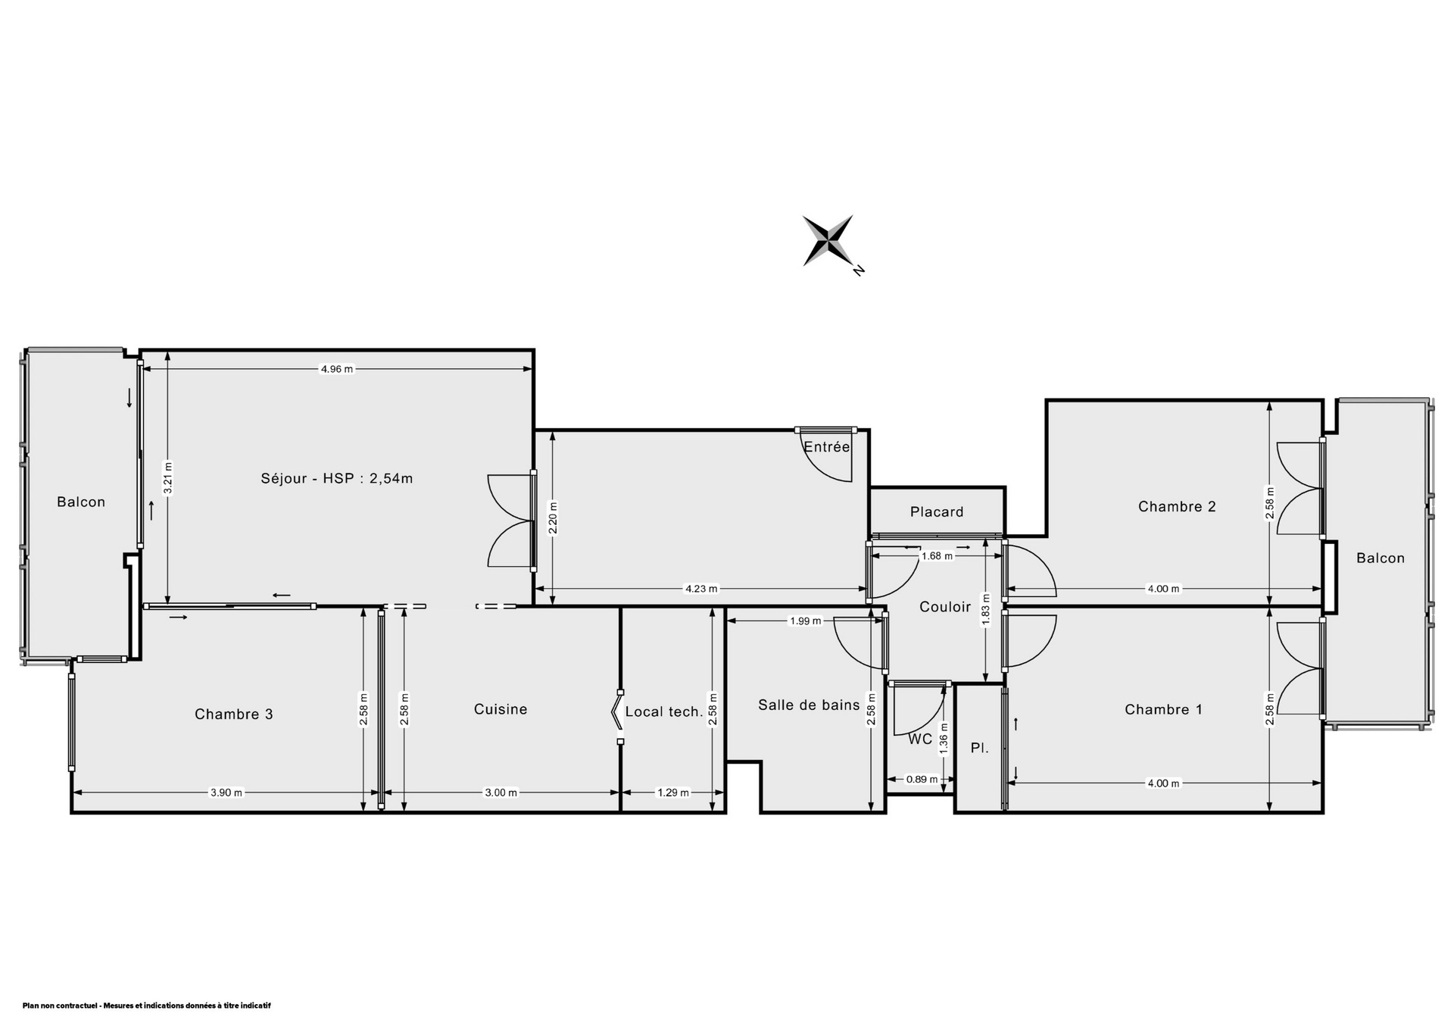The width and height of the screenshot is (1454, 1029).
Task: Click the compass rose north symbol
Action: [828, 241]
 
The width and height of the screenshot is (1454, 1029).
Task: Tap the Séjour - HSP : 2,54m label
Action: [337, 478]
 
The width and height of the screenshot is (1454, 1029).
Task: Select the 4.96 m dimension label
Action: [337, 369]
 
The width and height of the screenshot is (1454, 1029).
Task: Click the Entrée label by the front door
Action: [827, 447]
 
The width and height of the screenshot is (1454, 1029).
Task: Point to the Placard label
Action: [937, 512]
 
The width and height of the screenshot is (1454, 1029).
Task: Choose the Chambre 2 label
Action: [1177, 506]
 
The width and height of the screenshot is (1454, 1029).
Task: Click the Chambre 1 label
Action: [1163, 709]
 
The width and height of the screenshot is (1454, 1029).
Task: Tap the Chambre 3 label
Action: [233, 714]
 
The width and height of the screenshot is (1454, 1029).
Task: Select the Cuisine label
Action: [501, 709]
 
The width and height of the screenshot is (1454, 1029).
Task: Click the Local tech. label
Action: [664, 712]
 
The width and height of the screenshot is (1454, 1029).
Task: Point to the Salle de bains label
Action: [809, 705]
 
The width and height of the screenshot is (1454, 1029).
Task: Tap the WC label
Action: [920, 739]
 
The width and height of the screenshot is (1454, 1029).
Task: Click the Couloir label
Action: [945, 606]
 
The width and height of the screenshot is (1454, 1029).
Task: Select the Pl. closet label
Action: [980, 748]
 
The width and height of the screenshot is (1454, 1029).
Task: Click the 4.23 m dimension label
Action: [700, 588]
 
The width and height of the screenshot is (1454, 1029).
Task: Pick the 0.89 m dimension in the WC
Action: [922, 779]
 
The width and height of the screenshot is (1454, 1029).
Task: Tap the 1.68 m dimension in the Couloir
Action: [937, 555]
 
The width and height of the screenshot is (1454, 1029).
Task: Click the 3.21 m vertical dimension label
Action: [168, 478]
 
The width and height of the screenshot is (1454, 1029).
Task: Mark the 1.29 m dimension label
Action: [672, 793]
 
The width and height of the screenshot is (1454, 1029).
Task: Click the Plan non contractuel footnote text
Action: [146, 1006]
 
